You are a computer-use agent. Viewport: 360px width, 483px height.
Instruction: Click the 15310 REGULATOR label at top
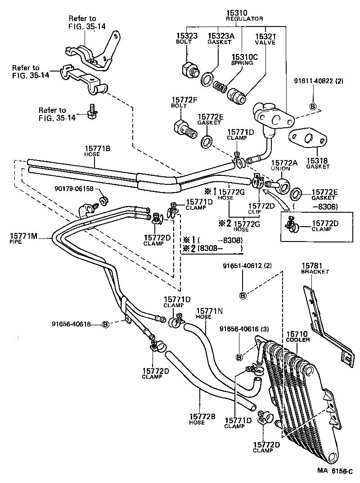pos(244,16)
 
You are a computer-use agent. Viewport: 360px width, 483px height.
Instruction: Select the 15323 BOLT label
pos(184,38)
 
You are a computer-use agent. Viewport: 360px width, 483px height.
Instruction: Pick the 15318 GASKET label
pos(318,163)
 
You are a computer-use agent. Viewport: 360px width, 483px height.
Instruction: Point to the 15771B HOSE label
pos(98,150)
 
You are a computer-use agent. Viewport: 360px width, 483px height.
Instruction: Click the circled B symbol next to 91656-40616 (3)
pos(239,357)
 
